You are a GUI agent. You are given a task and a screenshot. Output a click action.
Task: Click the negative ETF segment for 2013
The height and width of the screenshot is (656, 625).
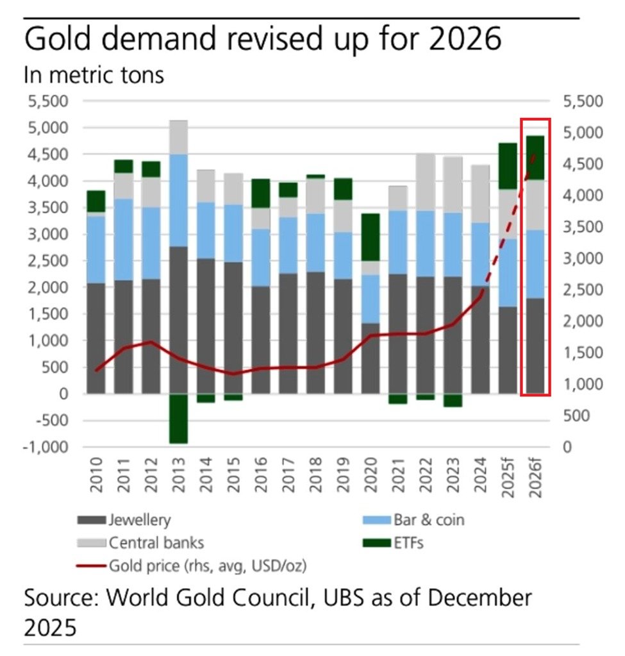click(179, 418)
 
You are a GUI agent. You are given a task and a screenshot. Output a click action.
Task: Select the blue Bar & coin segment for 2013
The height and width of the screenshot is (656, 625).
click(179, 200)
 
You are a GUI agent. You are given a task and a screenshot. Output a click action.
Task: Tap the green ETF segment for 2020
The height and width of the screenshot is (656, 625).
click(371, 237)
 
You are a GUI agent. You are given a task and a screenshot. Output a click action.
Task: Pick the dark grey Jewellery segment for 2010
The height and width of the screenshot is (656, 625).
click(96, 338)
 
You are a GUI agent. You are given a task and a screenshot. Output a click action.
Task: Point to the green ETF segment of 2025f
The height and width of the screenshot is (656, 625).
click(508, 165)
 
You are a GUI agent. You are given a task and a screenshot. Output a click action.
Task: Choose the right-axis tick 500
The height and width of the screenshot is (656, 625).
click(574, 416)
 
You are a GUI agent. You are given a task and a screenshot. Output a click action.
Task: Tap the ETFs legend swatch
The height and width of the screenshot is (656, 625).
click(376, 543)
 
